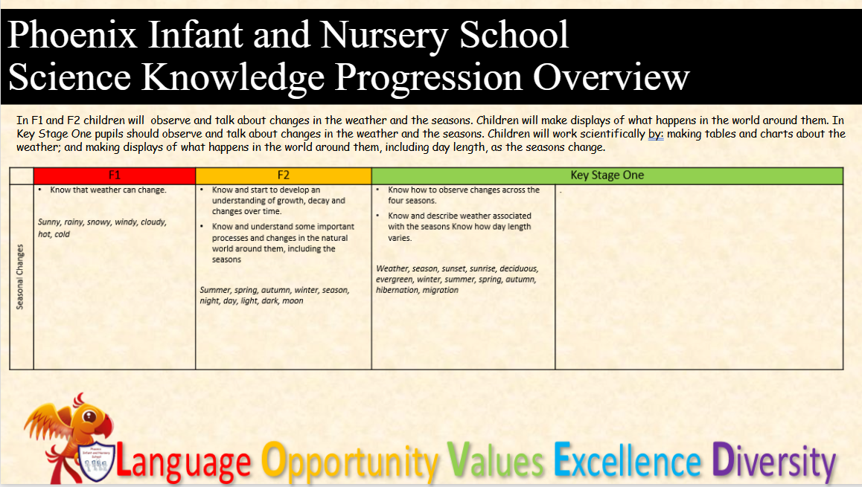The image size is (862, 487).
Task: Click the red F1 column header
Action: pyautogui.click(x=115, y=175)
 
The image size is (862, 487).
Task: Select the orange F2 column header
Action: pyautogui.click(x=283, y=175)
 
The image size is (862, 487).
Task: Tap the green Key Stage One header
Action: pyautogui.click(x=607, y=175)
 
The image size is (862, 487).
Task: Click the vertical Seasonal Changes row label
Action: pyautogui.click(x=20, y=277)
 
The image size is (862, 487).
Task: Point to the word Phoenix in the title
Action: pyautogui.click(x=72, y=35)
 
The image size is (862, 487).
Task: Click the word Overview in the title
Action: pyautogui.click(x=610, y=77)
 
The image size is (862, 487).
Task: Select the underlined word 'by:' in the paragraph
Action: pyautogui.click(x=656, y=134)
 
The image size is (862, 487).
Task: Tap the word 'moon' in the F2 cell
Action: pyautogui.click(x=293, y=301)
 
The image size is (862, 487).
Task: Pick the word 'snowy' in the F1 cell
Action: pyautogui.click(x=99, y=222)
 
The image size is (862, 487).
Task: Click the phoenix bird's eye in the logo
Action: pyautogui.click(x=89, y=416)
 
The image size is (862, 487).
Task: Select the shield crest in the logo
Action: pyautogui.click(x=96, y=460)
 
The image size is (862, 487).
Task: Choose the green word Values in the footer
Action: pyautogui.click(x=495, y=460)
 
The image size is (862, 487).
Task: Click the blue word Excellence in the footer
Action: pyautogui.click(x=628, y=460)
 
